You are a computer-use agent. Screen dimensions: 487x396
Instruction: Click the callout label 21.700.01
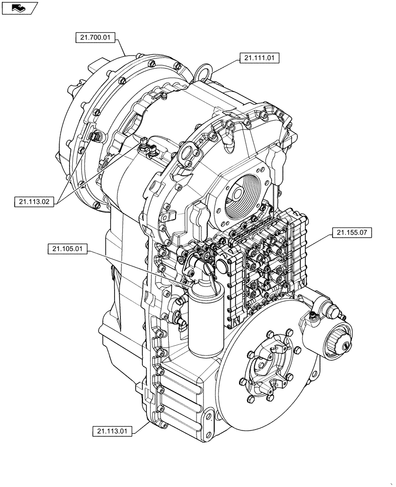[96, 37]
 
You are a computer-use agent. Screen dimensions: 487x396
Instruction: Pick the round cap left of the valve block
[222, 266]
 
